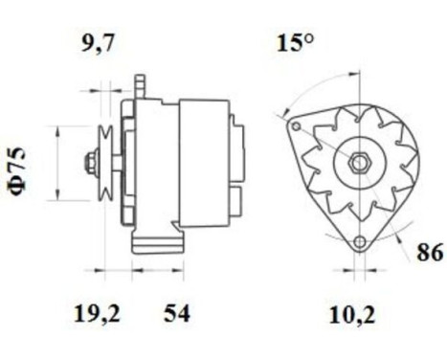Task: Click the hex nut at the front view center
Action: click(358, 163)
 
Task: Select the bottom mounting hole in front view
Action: click(361, 242)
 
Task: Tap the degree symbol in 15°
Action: click(309, 38)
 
